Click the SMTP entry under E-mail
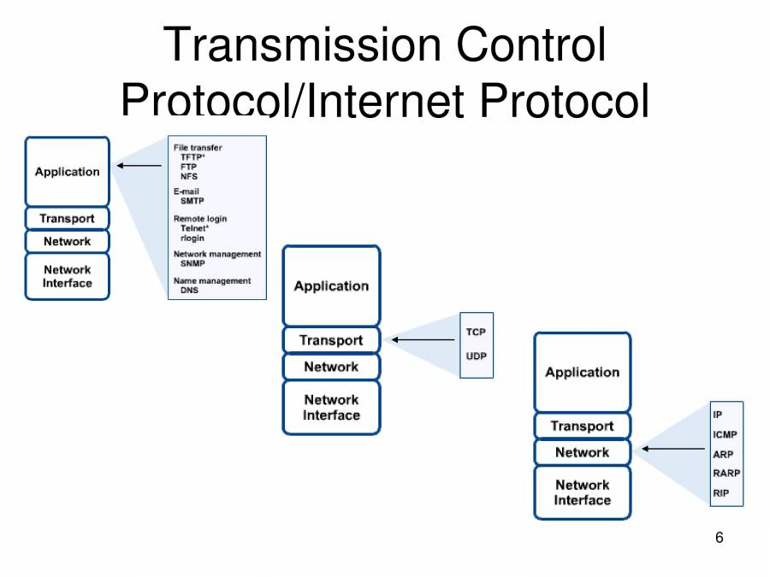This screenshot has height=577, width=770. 192,202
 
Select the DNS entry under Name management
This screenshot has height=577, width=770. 189,291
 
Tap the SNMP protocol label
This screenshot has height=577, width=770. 192,264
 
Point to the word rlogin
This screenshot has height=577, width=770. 192,238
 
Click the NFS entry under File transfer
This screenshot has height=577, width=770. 188,176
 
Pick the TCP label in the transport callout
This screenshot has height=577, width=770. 476,332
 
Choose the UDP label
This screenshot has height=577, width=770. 476,356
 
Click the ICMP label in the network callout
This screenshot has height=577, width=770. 725,435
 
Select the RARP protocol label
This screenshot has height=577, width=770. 726,473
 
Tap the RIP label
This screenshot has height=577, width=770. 720,493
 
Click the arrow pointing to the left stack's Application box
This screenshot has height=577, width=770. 139,165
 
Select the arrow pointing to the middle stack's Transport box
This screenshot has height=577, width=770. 423,340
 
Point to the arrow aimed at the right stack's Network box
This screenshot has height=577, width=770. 674,449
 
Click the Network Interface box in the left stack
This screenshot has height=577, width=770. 68,276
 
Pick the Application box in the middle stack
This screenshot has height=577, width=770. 331,286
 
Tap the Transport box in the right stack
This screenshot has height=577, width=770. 582,426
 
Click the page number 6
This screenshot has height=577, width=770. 719,538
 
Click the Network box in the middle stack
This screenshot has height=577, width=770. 331,367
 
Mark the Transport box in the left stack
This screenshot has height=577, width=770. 68,218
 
